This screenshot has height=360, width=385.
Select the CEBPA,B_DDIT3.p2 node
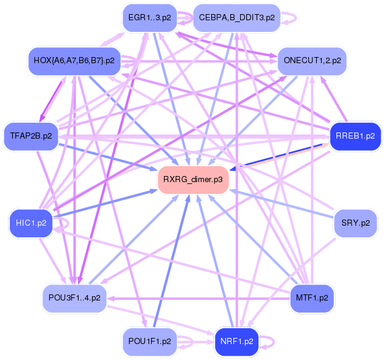point(236,18)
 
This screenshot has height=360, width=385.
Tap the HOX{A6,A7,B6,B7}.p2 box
point(74,61)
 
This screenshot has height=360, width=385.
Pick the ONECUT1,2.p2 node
point(312,61)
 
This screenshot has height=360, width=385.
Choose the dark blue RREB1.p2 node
point(355,136)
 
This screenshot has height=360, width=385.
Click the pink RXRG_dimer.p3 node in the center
point(193,179)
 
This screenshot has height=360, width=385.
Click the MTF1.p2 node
point(312,298)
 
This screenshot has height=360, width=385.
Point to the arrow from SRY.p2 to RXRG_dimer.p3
point(282,203)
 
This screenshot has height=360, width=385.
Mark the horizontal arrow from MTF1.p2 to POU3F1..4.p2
point(196,299)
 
